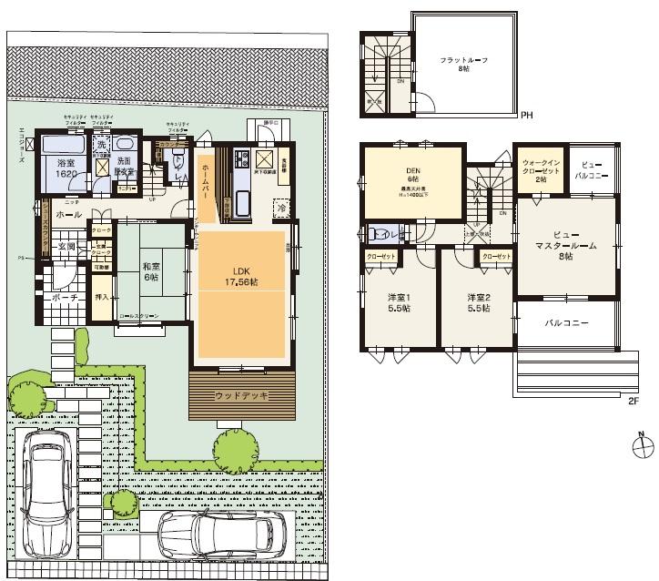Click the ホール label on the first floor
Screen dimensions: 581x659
point(69,214)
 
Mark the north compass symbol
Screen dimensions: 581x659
point(642,447)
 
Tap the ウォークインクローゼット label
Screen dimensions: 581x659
point(541,170)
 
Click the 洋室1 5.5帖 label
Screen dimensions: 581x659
point(398,303)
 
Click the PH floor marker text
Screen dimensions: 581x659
point(526,117)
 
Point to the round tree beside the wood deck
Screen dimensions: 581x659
point(233,447)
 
